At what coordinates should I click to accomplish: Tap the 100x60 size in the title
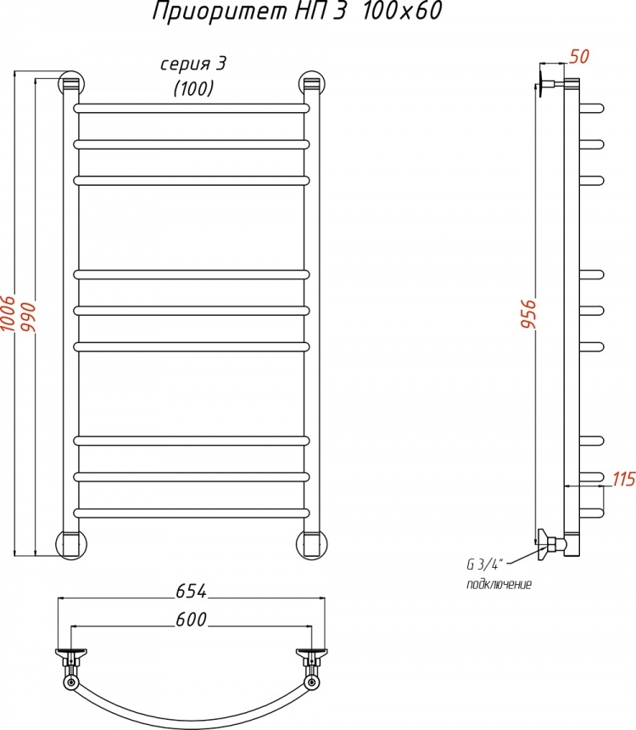(x=401, y=11)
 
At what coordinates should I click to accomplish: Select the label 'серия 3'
(x=193, y=65)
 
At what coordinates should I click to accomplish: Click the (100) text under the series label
(x=193, y=88)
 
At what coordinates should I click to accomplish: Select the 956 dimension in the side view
(x=529, y=314)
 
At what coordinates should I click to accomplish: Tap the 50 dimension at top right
(x=579, y=56)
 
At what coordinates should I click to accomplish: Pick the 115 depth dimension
(x=623, y=479)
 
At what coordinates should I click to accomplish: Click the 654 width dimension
(x=191, y=592)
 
